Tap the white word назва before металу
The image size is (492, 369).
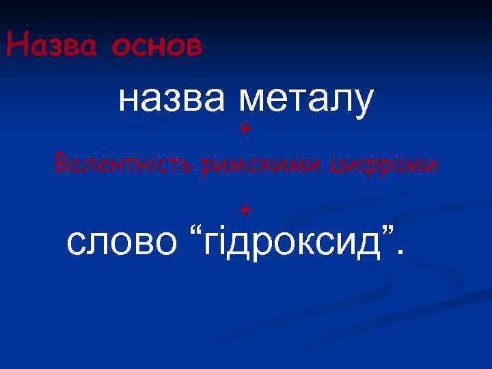pyautogui.click(x=174, y=101)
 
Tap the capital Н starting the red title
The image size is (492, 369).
pyautogui.click(x=14, y=45)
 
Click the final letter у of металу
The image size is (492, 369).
pyautogui.click(x=364, y=104)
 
